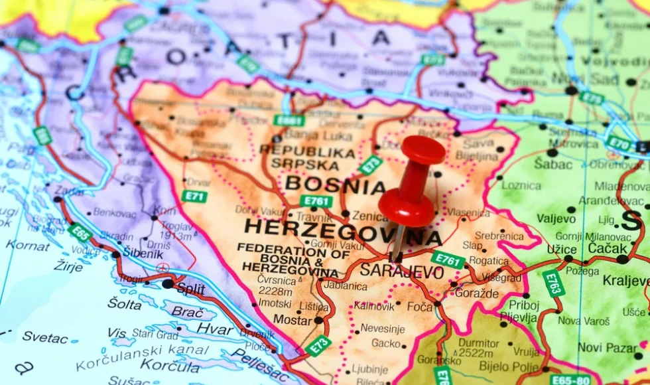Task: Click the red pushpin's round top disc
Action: tap(423, 149)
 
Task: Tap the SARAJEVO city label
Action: tap(402, 271)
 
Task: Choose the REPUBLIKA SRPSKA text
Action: tap(307, 157)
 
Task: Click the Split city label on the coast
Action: tap(190, 289)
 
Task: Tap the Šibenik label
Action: tap(142, 254)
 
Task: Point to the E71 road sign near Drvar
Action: tap(194, 196)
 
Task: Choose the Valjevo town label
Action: tap(556, 218)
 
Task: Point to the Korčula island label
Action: tap(161, 364)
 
